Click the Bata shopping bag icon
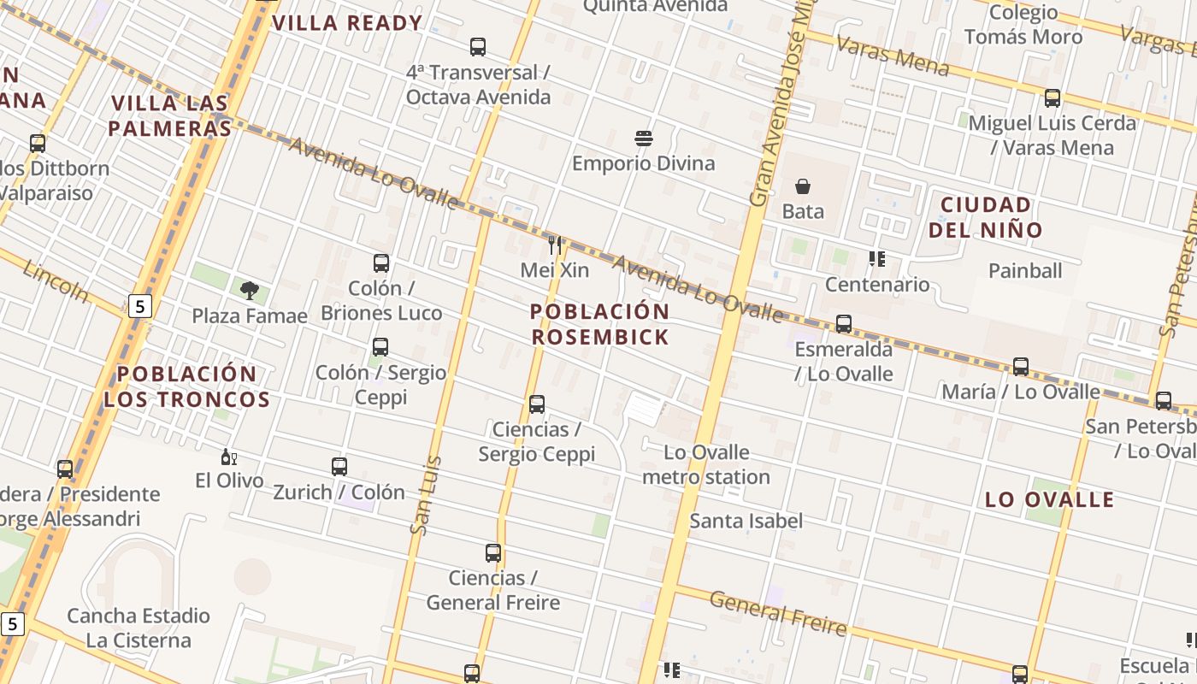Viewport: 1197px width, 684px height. pos(803,186)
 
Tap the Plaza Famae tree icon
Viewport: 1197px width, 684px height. pos(250,291)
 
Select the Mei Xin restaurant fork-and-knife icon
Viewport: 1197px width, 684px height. pos(555,245)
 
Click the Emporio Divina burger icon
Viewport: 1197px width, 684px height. pos(644,139)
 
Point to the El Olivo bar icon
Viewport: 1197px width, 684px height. pos(228,457)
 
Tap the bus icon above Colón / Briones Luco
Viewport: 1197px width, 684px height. pos(381,263)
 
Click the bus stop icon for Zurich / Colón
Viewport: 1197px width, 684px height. pos(339,467)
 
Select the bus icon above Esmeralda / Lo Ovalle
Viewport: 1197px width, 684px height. pos(844,324)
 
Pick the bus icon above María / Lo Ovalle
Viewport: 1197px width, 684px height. pos(1021,367)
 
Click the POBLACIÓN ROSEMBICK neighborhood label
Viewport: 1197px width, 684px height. pos(600,324)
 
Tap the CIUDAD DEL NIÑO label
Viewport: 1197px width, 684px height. pos(986,217)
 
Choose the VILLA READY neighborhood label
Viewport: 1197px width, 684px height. pos(347,23)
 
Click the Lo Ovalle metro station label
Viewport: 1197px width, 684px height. pos(706,464)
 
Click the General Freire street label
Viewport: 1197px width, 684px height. pos(778,613)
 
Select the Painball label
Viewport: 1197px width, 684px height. pos(1025,271)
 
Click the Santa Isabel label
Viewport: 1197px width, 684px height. pos(746,521)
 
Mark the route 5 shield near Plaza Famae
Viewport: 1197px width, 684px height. pos(140,305)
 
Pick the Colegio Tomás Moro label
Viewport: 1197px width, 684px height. pos(1023,25)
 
